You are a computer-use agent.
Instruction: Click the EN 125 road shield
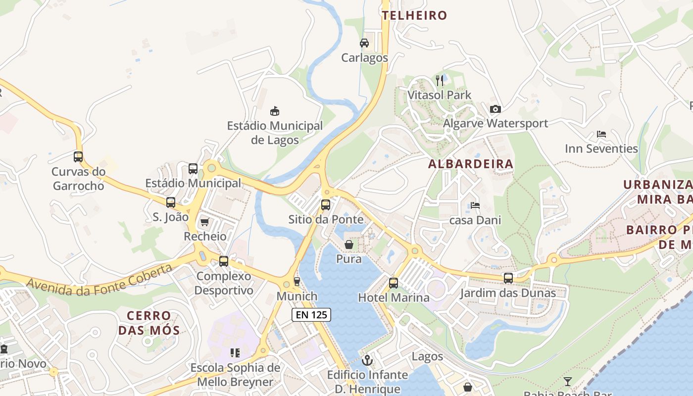[x=310, y=315]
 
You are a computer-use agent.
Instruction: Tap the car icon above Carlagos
[x=364, y=43]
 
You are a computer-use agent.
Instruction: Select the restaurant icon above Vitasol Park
[x=440, y=80]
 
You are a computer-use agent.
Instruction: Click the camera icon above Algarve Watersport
[x=495, y=109]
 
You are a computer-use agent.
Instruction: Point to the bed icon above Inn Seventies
[x=601, y=134]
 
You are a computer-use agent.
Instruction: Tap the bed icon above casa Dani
[x=475, y=205]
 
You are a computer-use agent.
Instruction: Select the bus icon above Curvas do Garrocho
[x=78, y=157]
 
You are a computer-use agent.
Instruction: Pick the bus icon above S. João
[x=171, y=202]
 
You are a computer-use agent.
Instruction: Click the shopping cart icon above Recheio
[x=205, y=222]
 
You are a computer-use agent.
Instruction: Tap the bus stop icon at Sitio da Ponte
[x=326, y=205]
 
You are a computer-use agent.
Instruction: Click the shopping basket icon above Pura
[x=349, y=245]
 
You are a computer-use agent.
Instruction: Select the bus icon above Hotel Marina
[x=394, y=283]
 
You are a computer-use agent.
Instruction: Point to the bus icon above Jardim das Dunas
[x=508, y=278]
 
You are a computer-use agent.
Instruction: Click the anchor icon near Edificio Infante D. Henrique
[x=367, y=360]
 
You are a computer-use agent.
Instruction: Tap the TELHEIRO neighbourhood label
[x=414, y=15]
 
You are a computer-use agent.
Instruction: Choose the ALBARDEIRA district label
[x=471, y=164]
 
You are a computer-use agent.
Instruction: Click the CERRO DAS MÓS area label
[x=149, y=323]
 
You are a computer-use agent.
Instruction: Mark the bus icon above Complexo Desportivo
[x=224, y=261]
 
